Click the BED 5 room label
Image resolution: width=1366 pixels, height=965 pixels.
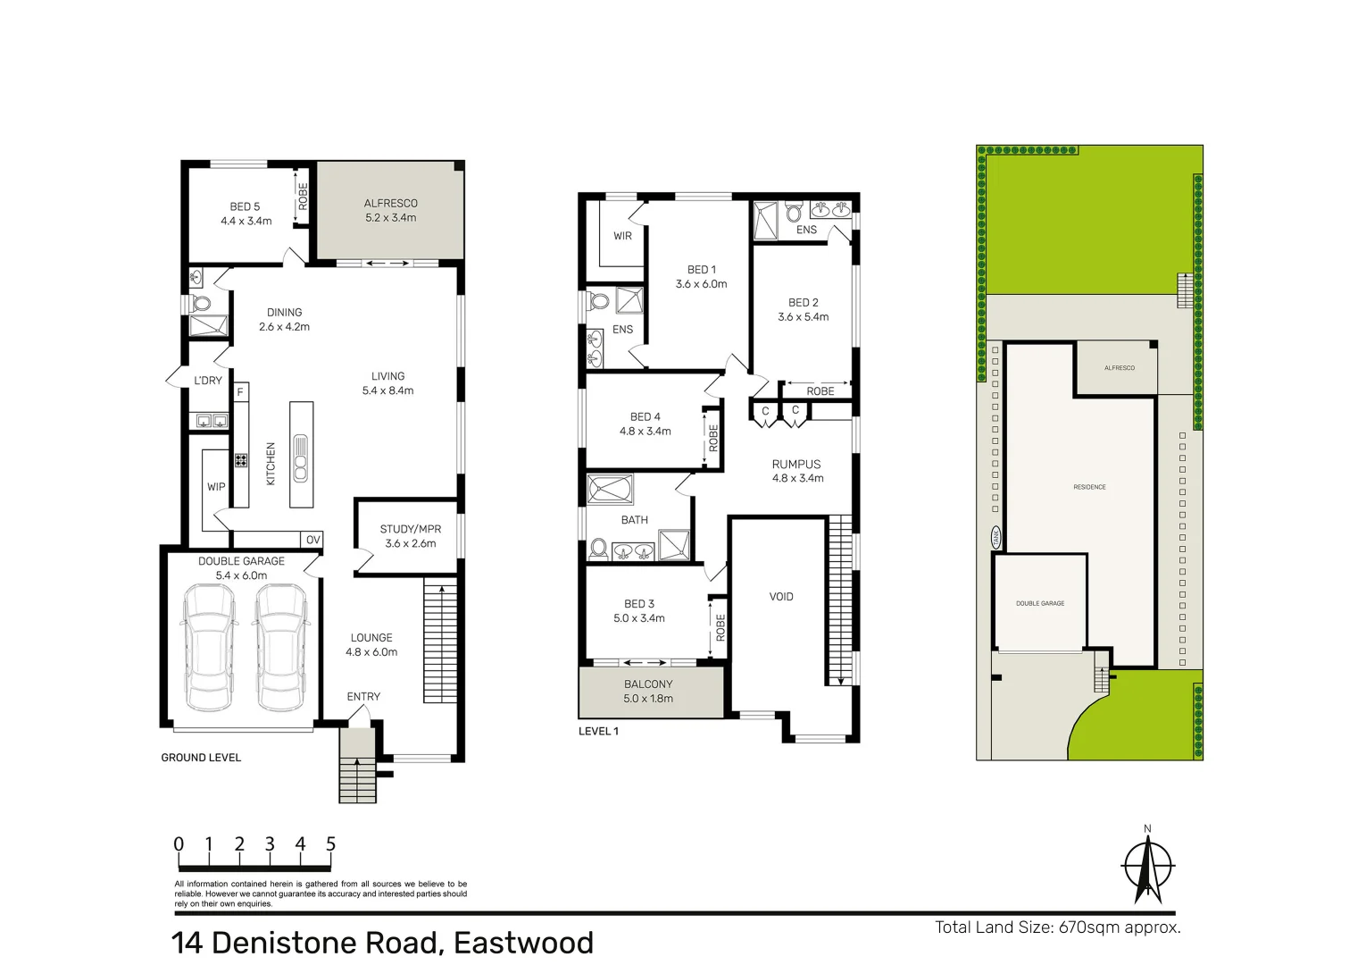(x=245, y=206)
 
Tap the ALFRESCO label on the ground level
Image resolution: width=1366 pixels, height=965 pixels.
(x=390, y=203)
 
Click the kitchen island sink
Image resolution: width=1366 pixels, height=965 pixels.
(x=301, y=457)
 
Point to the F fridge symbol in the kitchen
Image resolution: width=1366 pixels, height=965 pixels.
(x=240, y=392)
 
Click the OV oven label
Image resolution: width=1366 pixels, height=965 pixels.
(x=312, y=540)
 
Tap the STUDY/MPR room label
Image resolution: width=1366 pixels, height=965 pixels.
(x=411, y=529)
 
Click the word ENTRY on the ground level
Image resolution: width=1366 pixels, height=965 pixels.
(x=363, y=697)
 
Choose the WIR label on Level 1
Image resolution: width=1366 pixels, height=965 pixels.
(x=622, y=236)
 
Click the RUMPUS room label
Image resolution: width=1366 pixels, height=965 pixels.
(x=796, y=464)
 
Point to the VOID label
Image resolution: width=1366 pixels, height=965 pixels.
(x=781, y=597)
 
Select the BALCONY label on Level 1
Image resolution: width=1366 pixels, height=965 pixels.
(x=648, y=684)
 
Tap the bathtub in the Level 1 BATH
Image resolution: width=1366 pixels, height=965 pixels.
(x=611, y=490)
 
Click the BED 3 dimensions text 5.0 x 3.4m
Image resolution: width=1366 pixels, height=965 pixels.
(x=639, y=618)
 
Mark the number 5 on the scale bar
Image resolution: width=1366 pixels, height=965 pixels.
(x=330, y=844)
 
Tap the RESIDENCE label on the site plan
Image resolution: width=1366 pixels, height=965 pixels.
(x=1089, y=487)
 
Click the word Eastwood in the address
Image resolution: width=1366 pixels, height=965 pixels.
(x=523, y=943)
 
